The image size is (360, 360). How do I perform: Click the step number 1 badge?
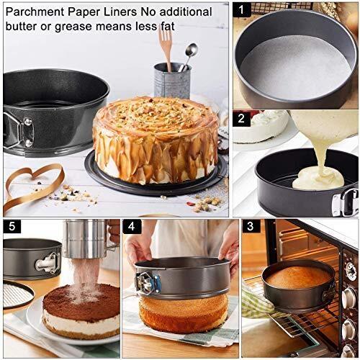coord(242,9)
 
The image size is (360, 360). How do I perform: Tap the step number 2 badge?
coord(241,119)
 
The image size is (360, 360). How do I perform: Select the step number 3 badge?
coord(251,226)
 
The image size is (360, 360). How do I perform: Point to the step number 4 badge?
coord(132,226)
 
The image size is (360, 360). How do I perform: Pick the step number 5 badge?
coord(12,226)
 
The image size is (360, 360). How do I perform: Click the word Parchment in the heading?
coord(35,12)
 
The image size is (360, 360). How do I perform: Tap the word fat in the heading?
coord(168,27)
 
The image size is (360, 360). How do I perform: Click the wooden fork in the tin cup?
coord(165,48)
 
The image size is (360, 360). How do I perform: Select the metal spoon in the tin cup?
coord(189,56)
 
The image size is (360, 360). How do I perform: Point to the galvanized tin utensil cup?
coord(172,81)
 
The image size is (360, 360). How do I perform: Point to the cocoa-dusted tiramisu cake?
coord(81,311)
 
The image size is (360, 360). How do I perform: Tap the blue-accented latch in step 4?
coord(148,283)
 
